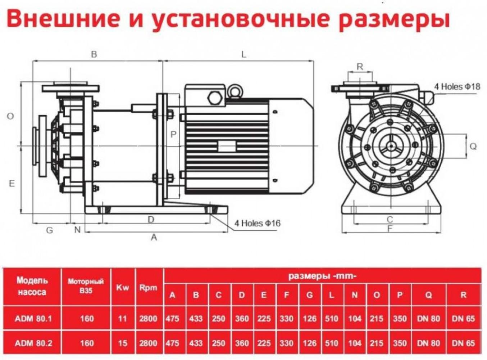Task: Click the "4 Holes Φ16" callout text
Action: pos(257,224)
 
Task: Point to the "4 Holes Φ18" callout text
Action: pos(457,87)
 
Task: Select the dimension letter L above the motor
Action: pos(243,55)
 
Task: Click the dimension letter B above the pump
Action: pos(94,55)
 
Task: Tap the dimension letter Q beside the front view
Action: pos(473,146)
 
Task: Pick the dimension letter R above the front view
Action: pos(360,67)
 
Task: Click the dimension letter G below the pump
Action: pos(50,230)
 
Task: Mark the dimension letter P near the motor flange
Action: pos(173,135)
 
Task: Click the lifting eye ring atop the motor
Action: pos(236,90)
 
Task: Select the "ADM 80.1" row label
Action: pos(33,319)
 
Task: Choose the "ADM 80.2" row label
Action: pos(33,343)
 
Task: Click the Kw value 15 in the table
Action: pos(123,343)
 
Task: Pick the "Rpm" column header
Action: pos(148,288)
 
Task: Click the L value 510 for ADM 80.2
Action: pos(331,343)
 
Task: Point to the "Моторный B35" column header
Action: pos(86,286)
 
